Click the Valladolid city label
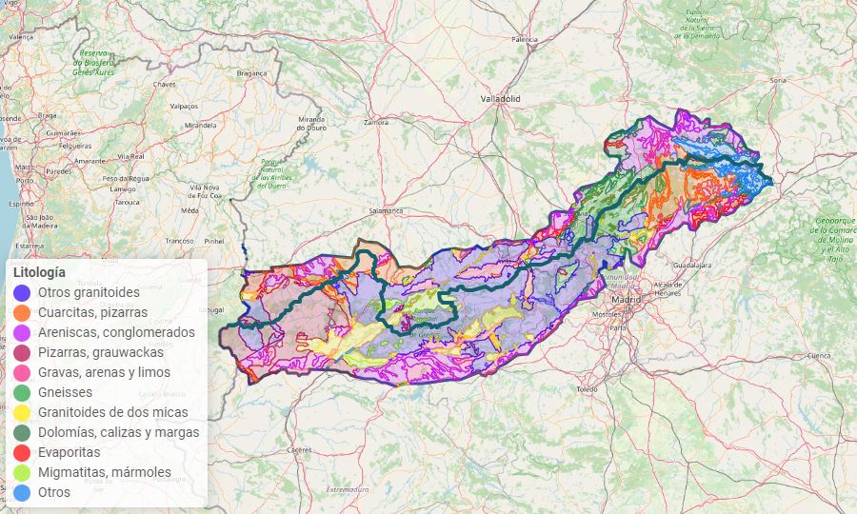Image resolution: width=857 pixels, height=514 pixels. click(x=500, y=98)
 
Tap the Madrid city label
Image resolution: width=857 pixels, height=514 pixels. click(x=627, y=299)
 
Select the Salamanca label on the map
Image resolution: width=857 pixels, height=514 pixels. click(x=387, y=210)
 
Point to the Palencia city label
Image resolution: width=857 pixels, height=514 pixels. click(x=525, y=40)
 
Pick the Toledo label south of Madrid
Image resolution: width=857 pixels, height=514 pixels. click(x=587, y=389)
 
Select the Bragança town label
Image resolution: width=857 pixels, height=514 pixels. click(x=252, y=72)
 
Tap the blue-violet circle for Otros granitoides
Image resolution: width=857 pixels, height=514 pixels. click(x=23, y=292)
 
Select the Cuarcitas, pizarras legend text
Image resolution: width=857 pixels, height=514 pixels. click(x=92, y=312)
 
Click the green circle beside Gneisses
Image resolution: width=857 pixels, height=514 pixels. click(x=23, y=392)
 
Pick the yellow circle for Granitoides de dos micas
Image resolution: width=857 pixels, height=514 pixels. click(x=23, y=412)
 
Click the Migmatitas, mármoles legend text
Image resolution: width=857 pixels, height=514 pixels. click(x=105, y=472)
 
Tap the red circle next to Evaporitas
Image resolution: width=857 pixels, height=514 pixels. click(x=23, y=452)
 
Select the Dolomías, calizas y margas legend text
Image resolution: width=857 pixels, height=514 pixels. click(x=118, y=432)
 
